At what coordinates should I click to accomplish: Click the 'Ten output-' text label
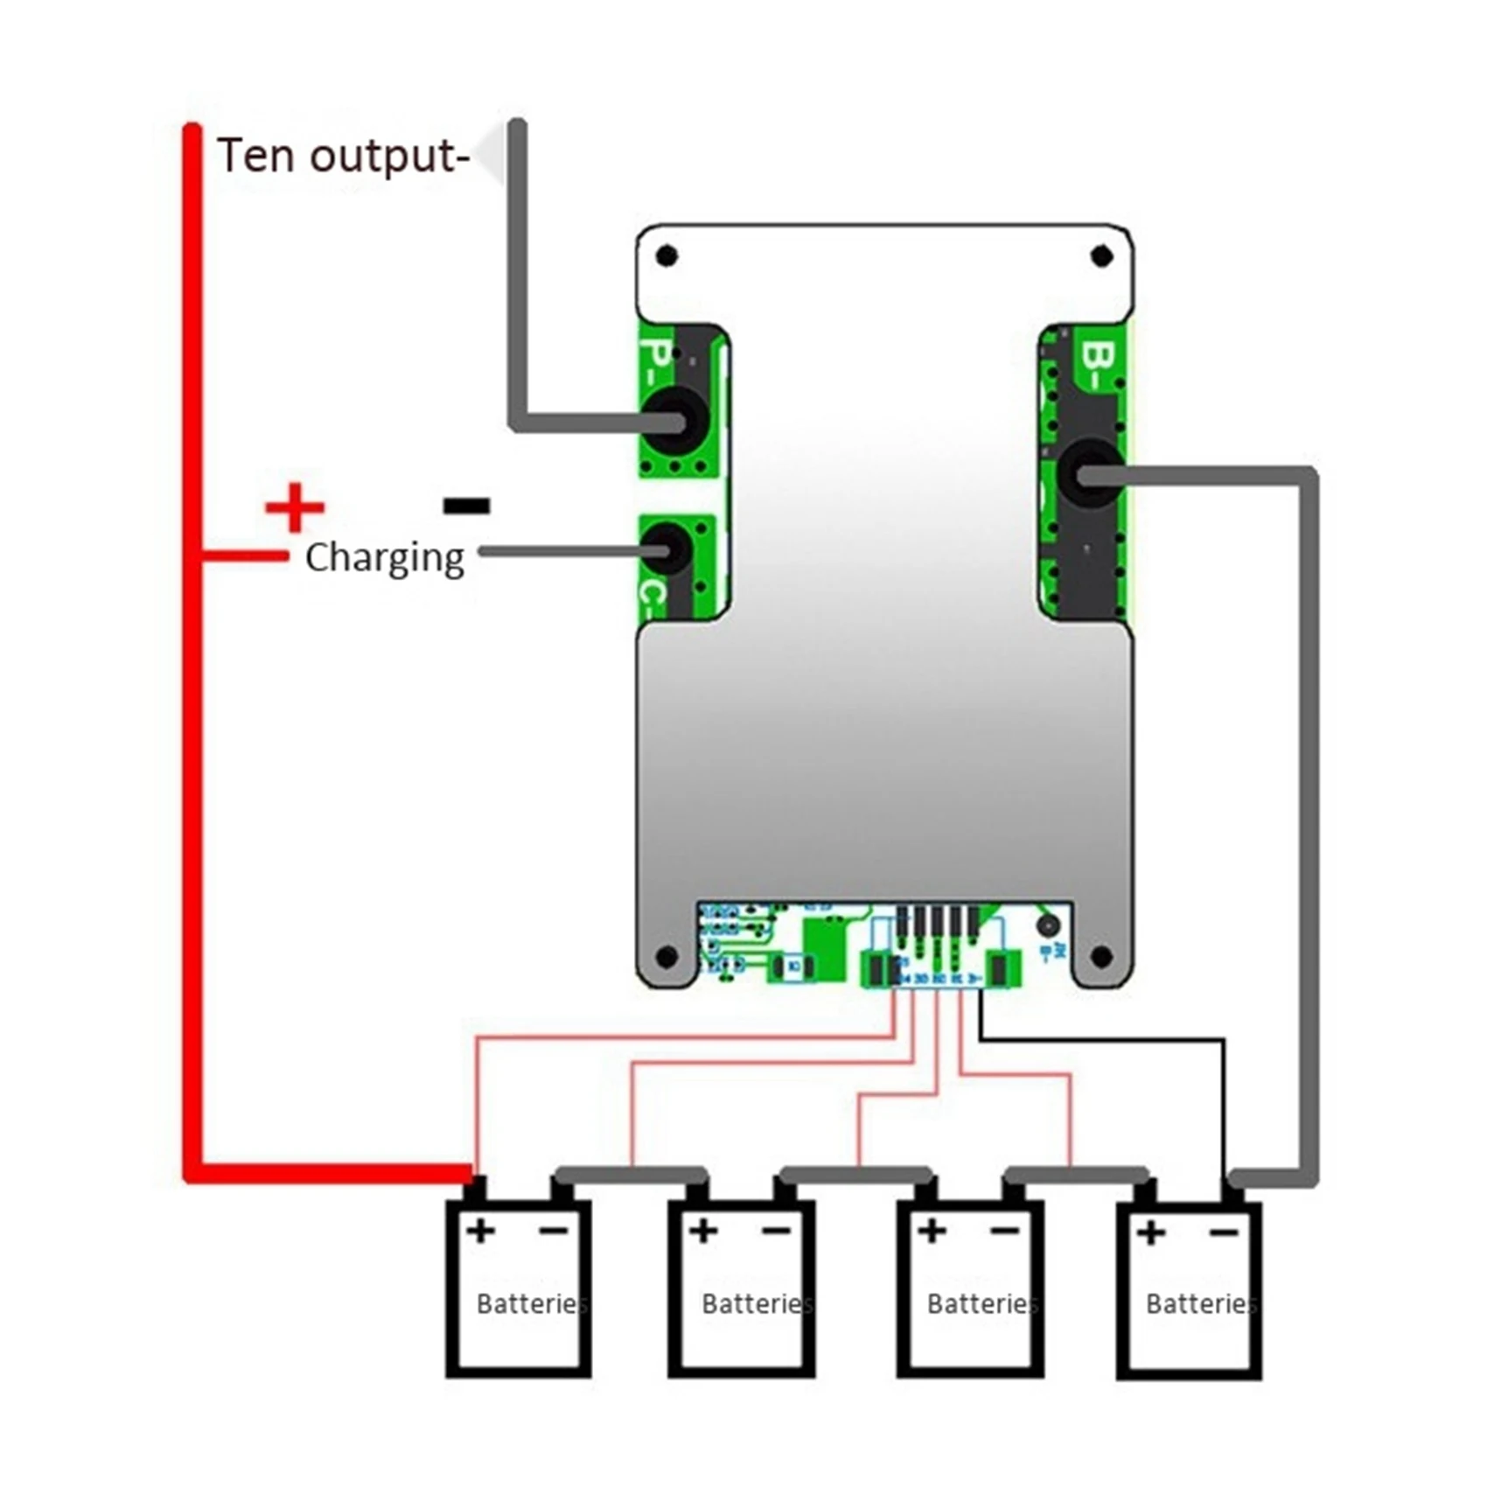pos(343,156)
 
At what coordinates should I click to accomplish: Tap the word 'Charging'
pos(384,558)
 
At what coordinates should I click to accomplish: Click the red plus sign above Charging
pos(295,506)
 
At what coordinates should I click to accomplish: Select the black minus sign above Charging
pos(466,505)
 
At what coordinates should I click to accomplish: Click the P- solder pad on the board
pos(672,422)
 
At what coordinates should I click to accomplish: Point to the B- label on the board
pos(1099,366)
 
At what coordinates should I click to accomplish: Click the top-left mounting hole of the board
pos(667,256)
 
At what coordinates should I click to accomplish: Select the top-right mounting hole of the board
pos(1101,256)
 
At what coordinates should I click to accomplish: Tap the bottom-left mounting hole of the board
pos(667,957)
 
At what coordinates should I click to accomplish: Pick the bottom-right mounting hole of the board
pos(1101,957)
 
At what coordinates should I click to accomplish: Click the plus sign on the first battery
pos(480,1232)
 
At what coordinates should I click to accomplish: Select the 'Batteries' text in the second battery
pos(756,1304)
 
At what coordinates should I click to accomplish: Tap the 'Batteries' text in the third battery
pos(981,1304)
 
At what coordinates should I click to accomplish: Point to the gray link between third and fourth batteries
pos(1076,1175)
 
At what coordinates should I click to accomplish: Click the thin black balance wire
pos(1102,1039)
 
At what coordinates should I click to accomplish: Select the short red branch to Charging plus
pos(245,556)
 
